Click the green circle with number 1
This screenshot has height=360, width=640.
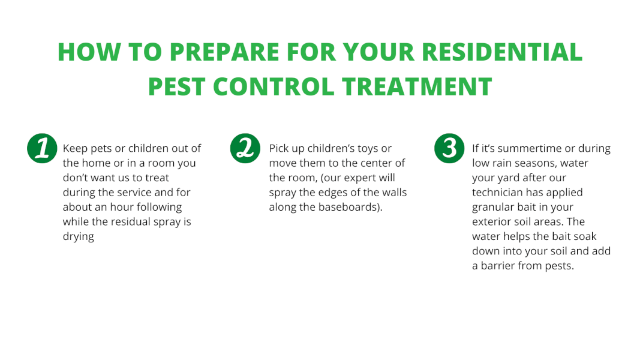[42, 148]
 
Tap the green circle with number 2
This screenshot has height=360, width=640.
[245, 148]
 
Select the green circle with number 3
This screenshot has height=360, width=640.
[449, 148]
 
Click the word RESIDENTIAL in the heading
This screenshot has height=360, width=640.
[502, 52]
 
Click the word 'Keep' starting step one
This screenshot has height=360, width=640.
[75, 148]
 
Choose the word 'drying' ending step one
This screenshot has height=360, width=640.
[79, 236]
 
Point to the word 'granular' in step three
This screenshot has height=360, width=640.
[493, 207]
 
